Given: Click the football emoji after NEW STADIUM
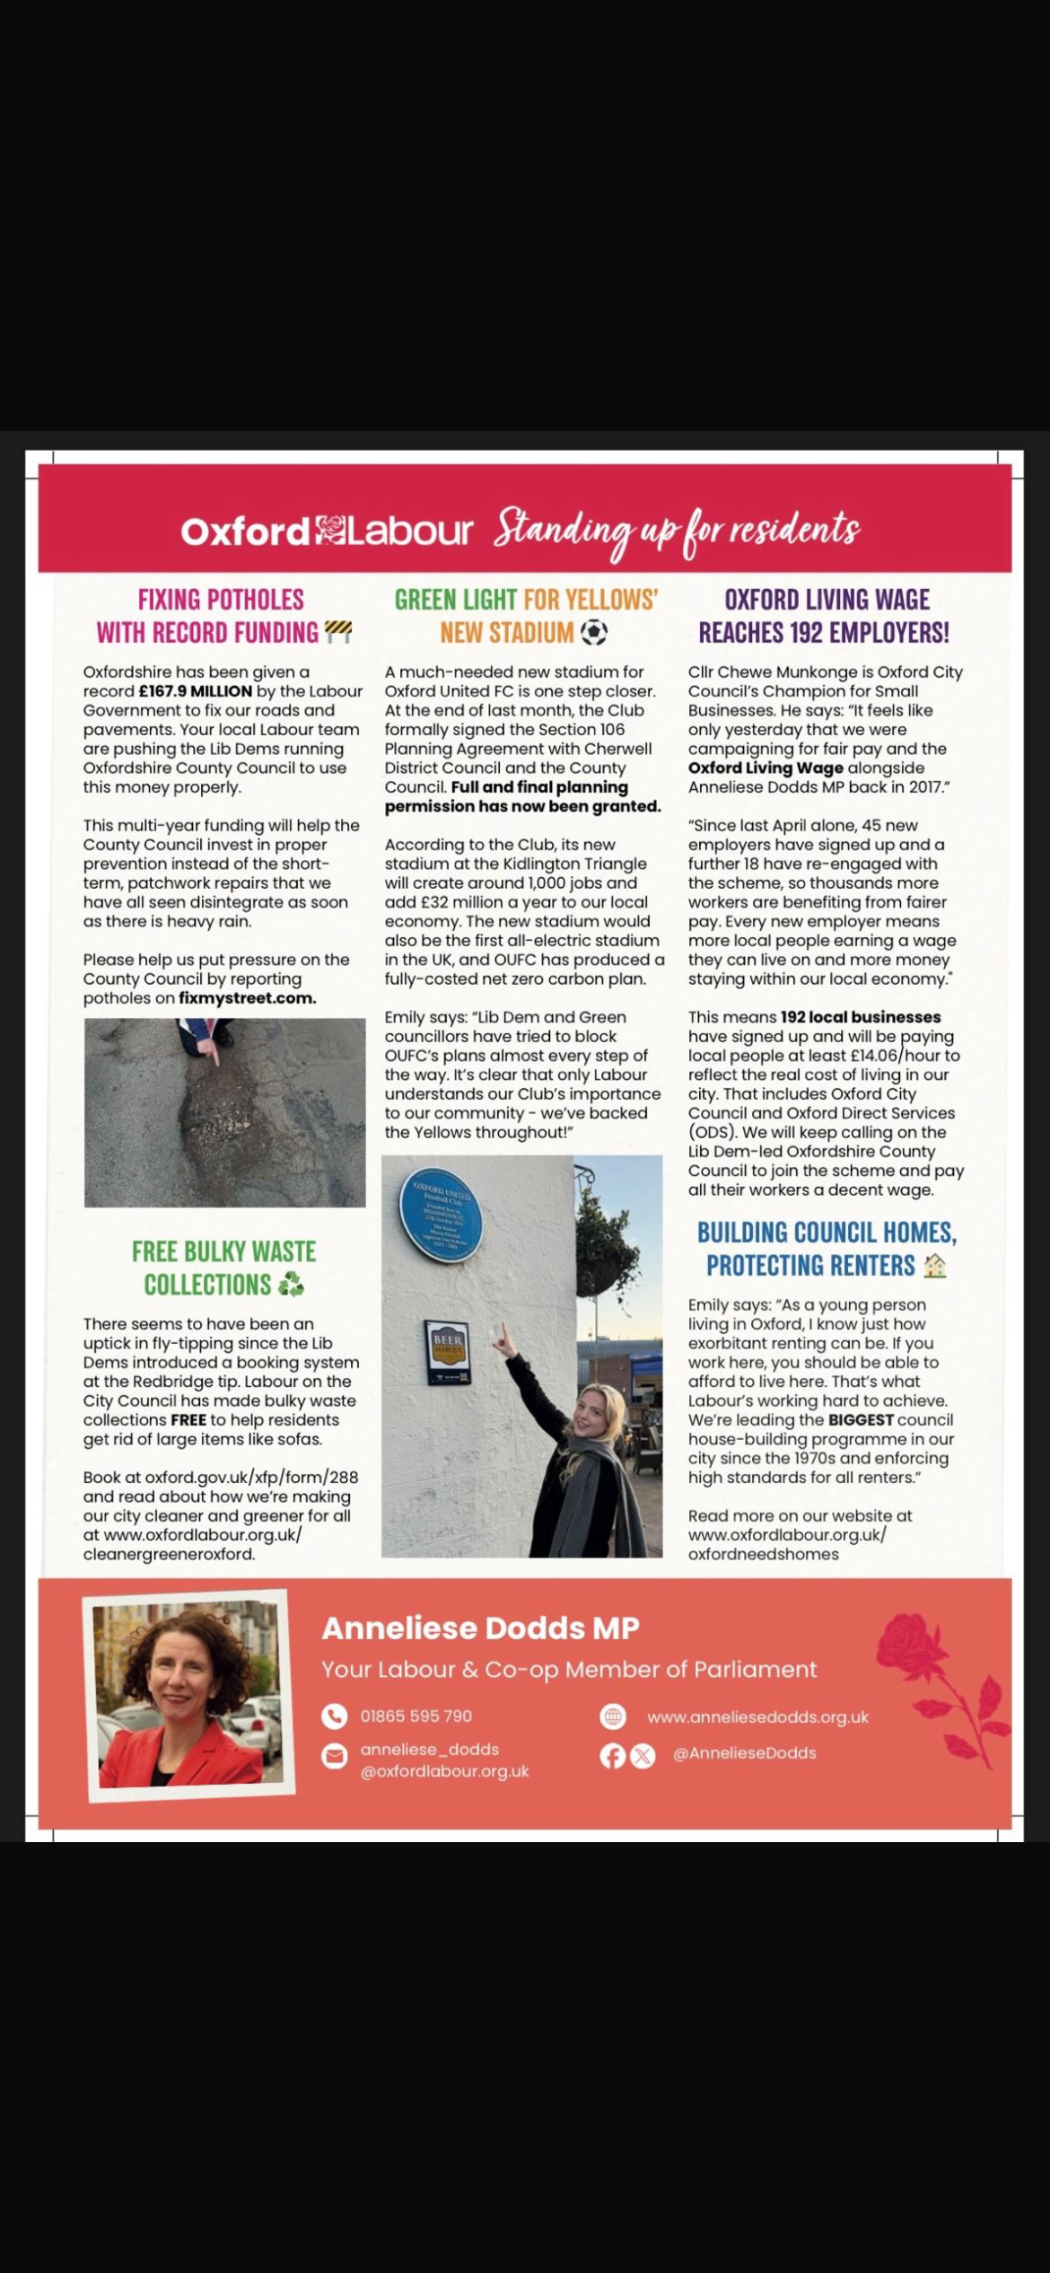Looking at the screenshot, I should [593, 633].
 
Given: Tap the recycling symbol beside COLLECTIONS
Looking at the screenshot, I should [291, 1286].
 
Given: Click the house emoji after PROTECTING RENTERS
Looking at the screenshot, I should [934, 1266].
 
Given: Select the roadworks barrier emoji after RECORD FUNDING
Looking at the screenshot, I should [337, 633].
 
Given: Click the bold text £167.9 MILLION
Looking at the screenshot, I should [196, 691].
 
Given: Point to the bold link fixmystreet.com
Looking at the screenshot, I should [247, 998].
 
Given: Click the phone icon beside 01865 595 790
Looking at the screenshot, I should [334, 1716].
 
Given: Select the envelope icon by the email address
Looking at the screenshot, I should [334, 1757].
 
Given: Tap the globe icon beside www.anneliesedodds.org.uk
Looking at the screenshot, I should [613, 1716].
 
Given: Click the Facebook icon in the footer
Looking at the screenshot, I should [612, 1756].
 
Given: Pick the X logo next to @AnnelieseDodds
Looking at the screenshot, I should [643, 1756].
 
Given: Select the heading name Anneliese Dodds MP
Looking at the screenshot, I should [481, 1628].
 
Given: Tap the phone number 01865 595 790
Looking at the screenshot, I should [416, 1716].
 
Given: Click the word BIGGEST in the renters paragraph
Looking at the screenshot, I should [861, 1419].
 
